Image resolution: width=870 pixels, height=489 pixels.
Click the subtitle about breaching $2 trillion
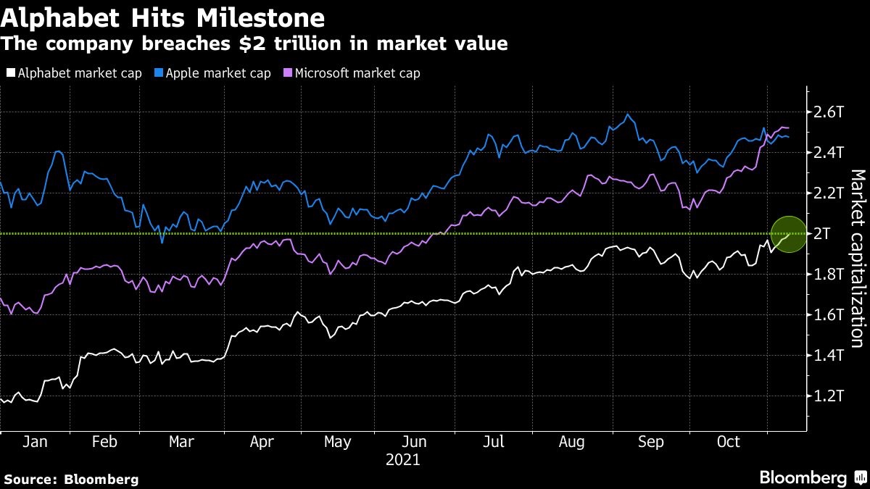(254, 43)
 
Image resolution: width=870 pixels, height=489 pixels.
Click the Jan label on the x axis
(36, 443)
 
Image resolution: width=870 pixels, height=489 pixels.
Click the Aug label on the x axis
(572, 443)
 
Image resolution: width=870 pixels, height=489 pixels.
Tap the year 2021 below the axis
(403, 460)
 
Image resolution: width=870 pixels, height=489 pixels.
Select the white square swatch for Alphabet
(10, 73)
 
